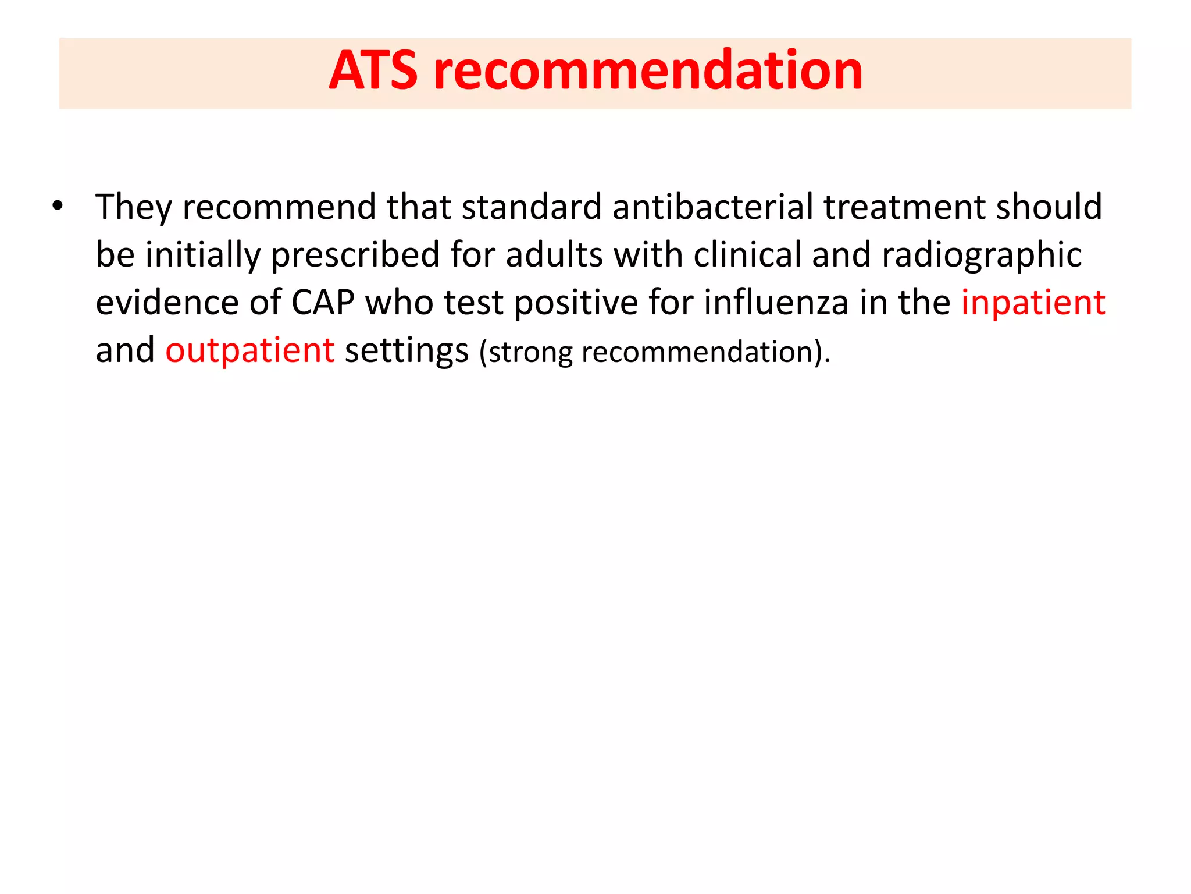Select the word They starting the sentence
coord(134,207)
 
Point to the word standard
coord(532,207)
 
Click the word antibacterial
coord(712,207)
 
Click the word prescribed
coord(355,256)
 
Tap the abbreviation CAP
coord(323,303)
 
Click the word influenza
coord(776,303)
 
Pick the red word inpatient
coord(1033,303)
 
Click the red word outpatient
coord(250,351)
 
